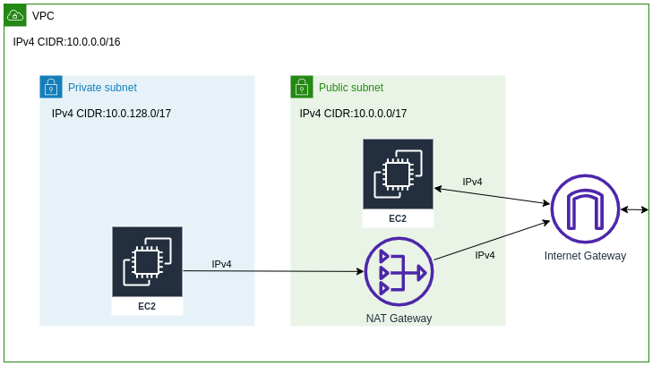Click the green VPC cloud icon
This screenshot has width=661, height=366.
(x=15, y=15)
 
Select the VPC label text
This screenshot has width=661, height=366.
(x=43, y=16)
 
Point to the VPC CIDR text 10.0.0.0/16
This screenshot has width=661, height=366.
(x=66, y=42)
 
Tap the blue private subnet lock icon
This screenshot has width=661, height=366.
(x=51, y=87)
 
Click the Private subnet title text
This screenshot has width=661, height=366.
(x=102, y=88)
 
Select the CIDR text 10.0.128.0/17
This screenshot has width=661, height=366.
(x=111, y=114)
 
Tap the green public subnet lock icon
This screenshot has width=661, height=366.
(x=302, y=87)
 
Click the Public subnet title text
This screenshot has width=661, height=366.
(x=351, y=88)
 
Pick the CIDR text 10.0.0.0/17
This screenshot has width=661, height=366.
(x=353, y=114)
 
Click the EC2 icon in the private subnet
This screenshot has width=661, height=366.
(x=147, y=261)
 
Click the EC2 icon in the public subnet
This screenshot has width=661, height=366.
(x=398, y=174)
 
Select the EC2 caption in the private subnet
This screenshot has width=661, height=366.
(x=147, y=306)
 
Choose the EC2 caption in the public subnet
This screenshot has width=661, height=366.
(x=398, y=218)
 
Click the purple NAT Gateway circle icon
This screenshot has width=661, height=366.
(x=399, y=271)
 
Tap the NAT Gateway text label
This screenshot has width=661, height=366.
(x=399, y=319)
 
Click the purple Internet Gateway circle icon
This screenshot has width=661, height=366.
(x=585, y=209)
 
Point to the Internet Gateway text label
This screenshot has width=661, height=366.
(x=585, y=256)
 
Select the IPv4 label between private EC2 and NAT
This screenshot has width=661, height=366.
(x=221, y=264)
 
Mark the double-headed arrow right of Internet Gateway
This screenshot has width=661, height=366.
(x=634, y=209)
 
